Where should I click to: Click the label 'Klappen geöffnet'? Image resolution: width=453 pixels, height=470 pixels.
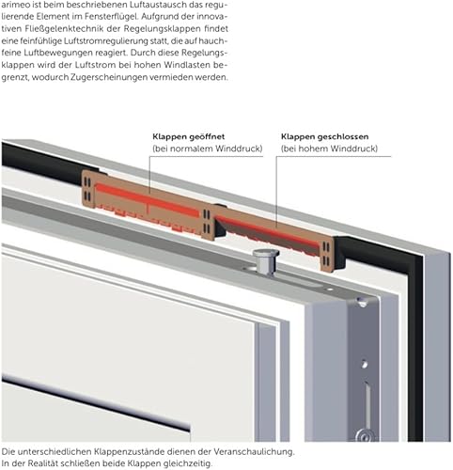tap(189, 137)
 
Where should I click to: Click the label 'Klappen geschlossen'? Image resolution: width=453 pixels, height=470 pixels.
tap(324, 137)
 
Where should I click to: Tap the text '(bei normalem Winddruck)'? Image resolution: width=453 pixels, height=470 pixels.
tap(208, 149)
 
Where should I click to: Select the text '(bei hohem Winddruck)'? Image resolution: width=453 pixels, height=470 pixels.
tap(329, 149)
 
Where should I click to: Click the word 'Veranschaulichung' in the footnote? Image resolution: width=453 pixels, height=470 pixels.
tap(254, 451)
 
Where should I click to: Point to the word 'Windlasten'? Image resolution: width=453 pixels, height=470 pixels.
tap(187, 65)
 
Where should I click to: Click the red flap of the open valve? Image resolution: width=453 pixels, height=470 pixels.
tap(148, 200)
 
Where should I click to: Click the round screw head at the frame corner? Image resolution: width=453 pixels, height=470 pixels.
tap(362, 302)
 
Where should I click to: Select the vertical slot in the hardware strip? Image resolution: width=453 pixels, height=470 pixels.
tap(367, 405)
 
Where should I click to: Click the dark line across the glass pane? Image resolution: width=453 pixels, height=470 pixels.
tap(96, 404)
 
